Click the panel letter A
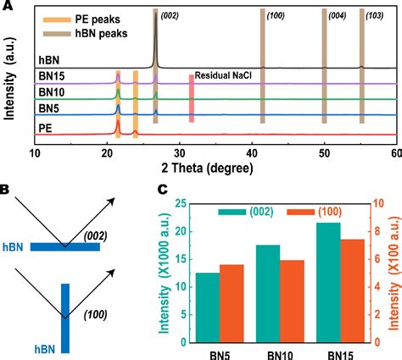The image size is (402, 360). (6, 7)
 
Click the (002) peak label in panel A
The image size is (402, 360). (170, 16)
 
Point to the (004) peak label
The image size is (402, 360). (337, 16)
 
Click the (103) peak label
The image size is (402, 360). (373, 16)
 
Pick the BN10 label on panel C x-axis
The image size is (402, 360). (280, 355)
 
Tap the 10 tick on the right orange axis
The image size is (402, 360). (381, 204)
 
